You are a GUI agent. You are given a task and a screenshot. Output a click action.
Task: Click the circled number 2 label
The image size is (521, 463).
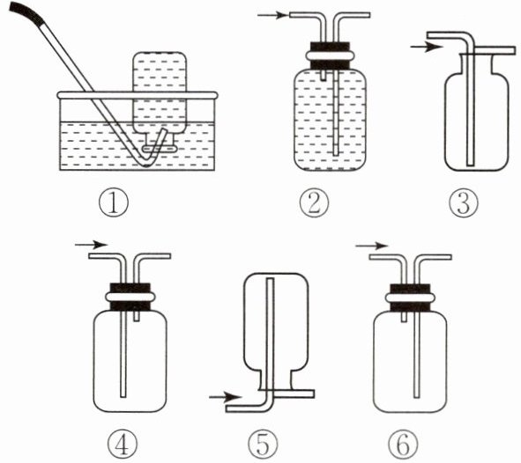[314, 202]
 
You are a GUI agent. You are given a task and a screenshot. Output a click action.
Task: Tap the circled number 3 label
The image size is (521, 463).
[464, 202]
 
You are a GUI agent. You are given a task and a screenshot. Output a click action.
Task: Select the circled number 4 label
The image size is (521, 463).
[123, 445]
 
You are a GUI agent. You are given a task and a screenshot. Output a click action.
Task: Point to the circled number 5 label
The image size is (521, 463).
[264, 445]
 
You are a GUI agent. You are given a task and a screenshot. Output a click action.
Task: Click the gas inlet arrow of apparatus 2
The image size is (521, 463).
[272, 15]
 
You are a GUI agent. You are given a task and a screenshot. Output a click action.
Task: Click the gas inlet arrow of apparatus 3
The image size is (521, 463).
[427, 48]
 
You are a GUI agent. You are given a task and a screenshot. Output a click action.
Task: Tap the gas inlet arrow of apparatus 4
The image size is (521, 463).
[91, 245]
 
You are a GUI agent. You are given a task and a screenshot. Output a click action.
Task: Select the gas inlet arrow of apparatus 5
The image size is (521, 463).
[226, 396]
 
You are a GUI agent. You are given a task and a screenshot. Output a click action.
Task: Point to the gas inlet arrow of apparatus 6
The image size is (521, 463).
[371, 246]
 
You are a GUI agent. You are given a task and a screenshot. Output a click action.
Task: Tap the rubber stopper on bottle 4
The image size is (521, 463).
[130, 297]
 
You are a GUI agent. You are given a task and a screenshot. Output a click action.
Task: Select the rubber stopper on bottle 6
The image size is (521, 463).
[410, 298]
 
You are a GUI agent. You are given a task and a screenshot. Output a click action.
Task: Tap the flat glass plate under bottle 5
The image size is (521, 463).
[287, 393]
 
